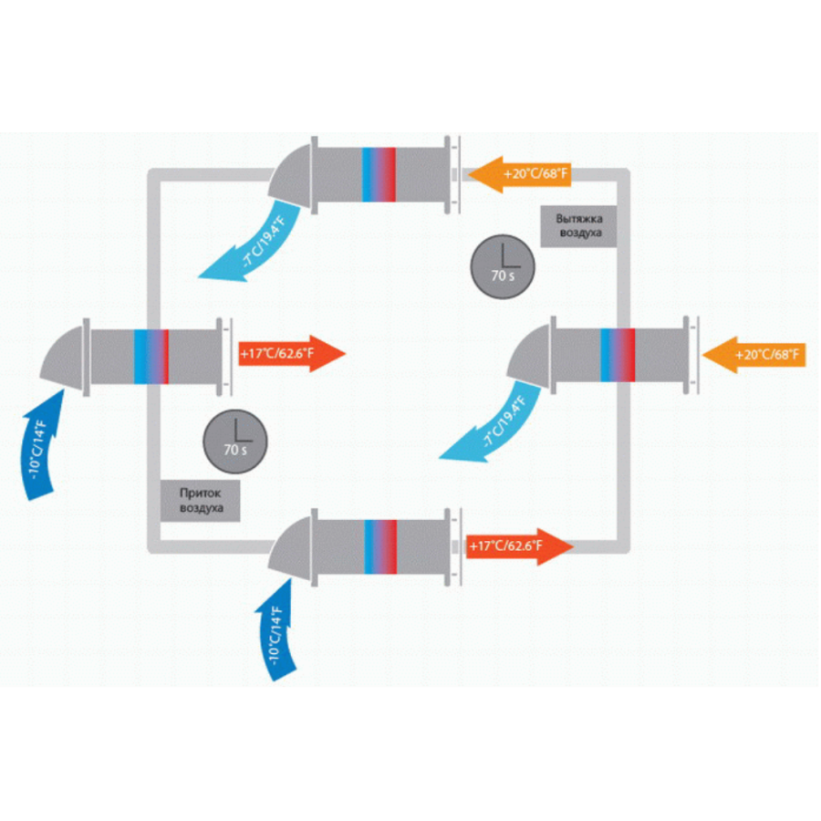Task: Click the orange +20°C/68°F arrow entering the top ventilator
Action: tap(519, 174)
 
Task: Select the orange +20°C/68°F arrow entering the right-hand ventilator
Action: tap(754, 355)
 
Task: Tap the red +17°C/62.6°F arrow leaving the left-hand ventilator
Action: tap(292, 353)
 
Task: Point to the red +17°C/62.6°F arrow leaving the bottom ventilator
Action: tap(520, 546)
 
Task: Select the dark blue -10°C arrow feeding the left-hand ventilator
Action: tap(42, 445)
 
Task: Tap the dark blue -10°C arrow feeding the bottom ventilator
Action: tap(276, 629)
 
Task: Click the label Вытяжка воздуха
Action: tap(578, 226)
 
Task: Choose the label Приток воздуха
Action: tap(200, 501)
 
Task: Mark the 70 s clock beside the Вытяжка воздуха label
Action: tap(503, 266)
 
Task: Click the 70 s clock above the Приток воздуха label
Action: tap(235, 442)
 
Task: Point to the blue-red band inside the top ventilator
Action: tap(379, 174)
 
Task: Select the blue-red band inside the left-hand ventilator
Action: tap(151, 357)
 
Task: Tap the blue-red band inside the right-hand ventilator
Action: tap(618, 355)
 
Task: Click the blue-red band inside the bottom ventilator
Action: tap(380, 546)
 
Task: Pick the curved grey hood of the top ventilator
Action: tap(291, 175)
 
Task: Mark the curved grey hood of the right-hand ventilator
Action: tap(530, 356)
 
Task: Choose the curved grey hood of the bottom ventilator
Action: tap(291, 547)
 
